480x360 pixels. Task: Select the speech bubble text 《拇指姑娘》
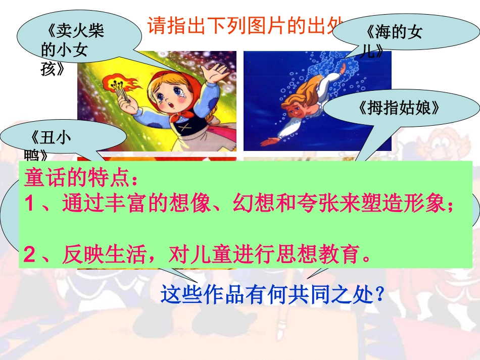point(400,108)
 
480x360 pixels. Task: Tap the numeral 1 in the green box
point(30,203)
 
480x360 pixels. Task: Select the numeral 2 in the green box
point(30,255)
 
